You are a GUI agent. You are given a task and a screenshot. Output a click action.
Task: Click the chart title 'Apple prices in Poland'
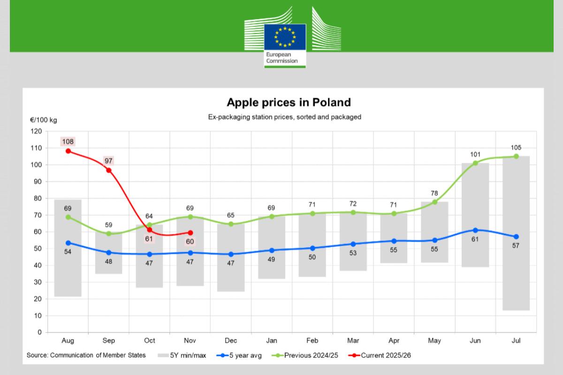[x=289, y=102]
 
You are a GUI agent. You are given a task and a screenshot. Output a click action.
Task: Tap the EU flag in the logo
[x=285, y=37]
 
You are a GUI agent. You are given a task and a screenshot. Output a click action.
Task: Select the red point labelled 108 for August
[x=68, y=151]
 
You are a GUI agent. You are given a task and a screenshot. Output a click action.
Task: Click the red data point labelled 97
[x=109, y=170]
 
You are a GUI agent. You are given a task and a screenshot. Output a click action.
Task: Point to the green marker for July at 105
[x=516, y=156]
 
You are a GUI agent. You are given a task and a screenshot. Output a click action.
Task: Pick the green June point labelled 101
[x=475, y=163]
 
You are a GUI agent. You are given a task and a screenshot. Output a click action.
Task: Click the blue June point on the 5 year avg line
[x=475, y=230]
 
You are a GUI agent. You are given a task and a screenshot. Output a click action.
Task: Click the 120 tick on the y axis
[x=36, y=131]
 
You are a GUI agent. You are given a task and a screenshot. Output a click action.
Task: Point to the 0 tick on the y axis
[x=39, y=332]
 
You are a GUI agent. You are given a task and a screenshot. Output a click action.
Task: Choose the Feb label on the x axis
[x=312, y=341]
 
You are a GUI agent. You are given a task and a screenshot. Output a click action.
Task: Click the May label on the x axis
[x=434, y=341]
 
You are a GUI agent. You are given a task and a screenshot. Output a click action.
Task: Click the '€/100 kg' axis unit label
[x=44, y=120]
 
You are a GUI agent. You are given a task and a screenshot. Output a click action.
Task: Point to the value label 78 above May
[x=434, y=193]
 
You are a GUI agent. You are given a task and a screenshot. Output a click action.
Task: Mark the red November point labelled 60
[x=190, y=232]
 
